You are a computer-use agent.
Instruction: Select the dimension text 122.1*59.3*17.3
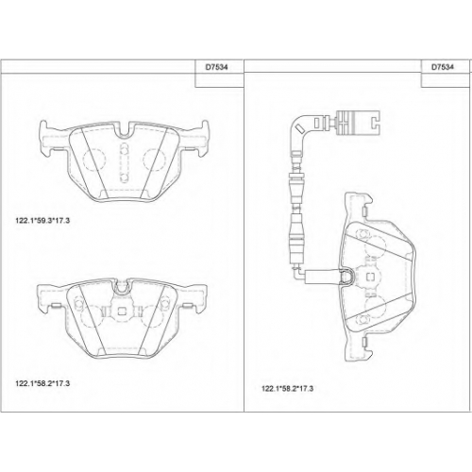(x=42, y=221)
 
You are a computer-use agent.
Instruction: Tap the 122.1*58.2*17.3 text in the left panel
(x=42, y=383)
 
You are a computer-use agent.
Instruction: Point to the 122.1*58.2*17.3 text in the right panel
(x=287, y=389)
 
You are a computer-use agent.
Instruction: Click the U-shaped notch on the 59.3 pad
(x=125, y=131)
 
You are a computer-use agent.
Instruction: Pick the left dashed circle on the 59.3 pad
(x=93, y=160)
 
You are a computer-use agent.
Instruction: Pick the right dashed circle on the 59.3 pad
(x=154, y=160)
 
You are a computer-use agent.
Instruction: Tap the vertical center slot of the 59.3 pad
(x=125, y=162)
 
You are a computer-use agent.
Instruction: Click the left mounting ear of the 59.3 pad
(x=47, y=139)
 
